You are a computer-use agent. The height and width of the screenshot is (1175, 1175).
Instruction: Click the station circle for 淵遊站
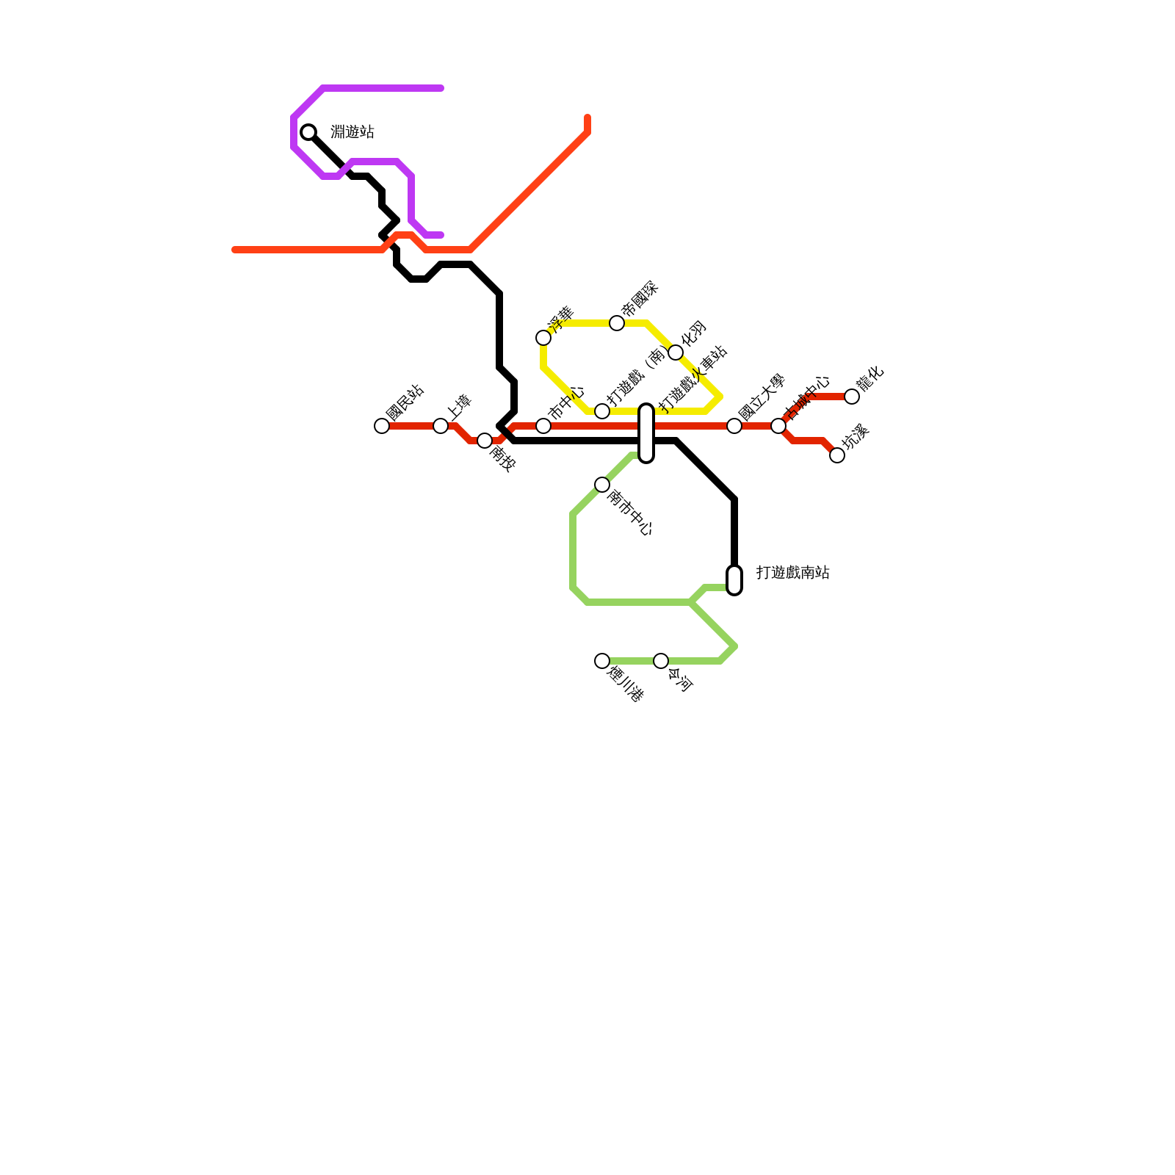click(308, 132)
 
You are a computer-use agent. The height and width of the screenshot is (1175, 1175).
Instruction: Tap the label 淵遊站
click(352, 132)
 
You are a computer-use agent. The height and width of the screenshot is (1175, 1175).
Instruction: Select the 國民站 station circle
click(382, 426)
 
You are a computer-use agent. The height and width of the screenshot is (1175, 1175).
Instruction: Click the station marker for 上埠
click(441, 426)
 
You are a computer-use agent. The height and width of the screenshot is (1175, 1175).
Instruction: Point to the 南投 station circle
click(485, 441)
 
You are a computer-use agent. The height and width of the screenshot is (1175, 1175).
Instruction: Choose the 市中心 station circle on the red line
click(543, 426)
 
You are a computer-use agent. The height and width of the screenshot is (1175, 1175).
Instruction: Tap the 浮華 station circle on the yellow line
click(543, 338)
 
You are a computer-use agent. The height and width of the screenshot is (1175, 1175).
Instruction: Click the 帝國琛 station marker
click(617, 323)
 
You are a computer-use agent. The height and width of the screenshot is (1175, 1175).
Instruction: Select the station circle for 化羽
click(676, 352)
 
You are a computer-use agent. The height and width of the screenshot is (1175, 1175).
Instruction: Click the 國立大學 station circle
click(734, 426)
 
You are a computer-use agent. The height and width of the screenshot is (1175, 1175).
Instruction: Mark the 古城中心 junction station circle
click(778, 426)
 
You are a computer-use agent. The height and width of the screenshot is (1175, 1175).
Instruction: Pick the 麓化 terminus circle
click(852, 397)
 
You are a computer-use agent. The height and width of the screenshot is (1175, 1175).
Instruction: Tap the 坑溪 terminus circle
click(837, 455)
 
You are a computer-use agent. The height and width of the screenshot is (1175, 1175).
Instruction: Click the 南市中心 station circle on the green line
click(602, 485)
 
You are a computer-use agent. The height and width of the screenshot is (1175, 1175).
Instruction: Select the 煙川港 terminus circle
click(602, 661)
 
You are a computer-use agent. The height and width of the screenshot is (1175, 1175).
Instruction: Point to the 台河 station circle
click(661, 661)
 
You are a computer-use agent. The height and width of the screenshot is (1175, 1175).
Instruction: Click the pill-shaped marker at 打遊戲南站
click(734, 580)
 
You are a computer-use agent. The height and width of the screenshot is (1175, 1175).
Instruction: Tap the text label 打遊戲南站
click(793, 573)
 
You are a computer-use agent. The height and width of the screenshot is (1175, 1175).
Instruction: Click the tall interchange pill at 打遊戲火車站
click(646, 433)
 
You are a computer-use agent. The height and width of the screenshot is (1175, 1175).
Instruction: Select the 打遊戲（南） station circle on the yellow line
click(602, 411)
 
